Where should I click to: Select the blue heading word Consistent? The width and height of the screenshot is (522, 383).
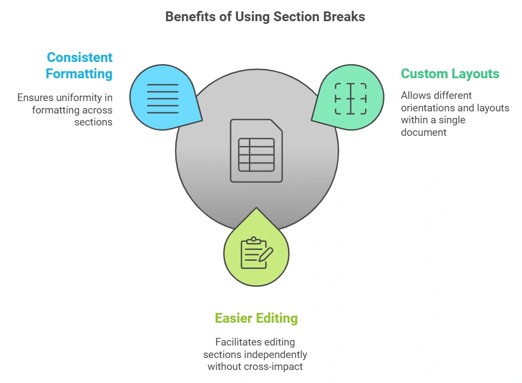click(x=80, y=58)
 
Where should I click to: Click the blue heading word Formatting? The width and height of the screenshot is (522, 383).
click(x=79, y=73)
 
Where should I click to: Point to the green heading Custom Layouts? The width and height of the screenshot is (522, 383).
click(x=450, y=74)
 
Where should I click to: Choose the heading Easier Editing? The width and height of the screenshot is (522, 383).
click(x=256, y=318)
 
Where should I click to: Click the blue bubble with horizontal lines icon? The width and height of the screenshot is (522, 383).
click(x=163, y=98)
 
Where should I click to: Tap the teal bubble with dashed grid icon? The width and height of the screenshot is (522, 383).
click(x=350, y=98)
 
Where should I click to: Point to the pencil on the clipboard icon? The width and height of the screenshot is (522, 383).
click(x=265, y=254)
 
